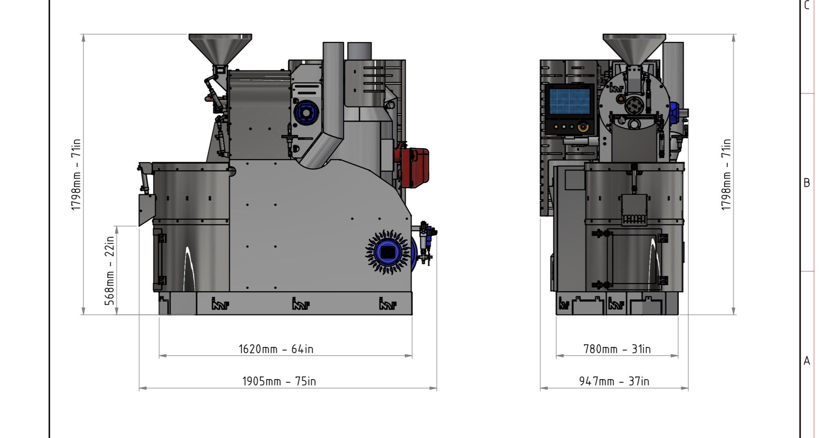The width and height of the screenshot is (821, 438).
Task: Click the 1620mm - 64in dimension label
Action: [x=276, y=349]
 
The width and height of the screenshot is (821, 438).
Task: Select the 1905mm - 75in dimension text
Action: [x=279, y=381]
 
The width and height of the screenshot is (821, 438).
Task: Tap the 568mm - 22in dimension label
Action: [x=109, y=271]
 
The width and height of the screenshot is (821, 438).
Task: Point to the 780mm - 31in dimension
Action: [x=617, y=349]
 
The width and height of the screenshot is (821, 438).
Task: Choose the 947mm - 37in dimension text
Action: [x=614, y=381]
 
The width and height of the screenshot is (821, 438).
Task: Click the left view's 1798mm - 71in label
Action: [x=76, y=174]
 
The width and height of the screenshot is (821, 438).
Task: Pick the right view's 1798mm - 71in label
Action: [x=726, y=174]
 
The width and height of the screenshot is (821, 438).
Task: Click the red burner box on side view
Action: [x=412, y=167]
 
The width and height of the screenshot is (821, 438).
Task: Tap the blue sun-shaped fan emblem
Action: [x=387, y=252]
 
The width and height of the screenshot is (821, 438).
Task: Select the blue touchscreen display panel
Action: [x=569, y=101]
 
